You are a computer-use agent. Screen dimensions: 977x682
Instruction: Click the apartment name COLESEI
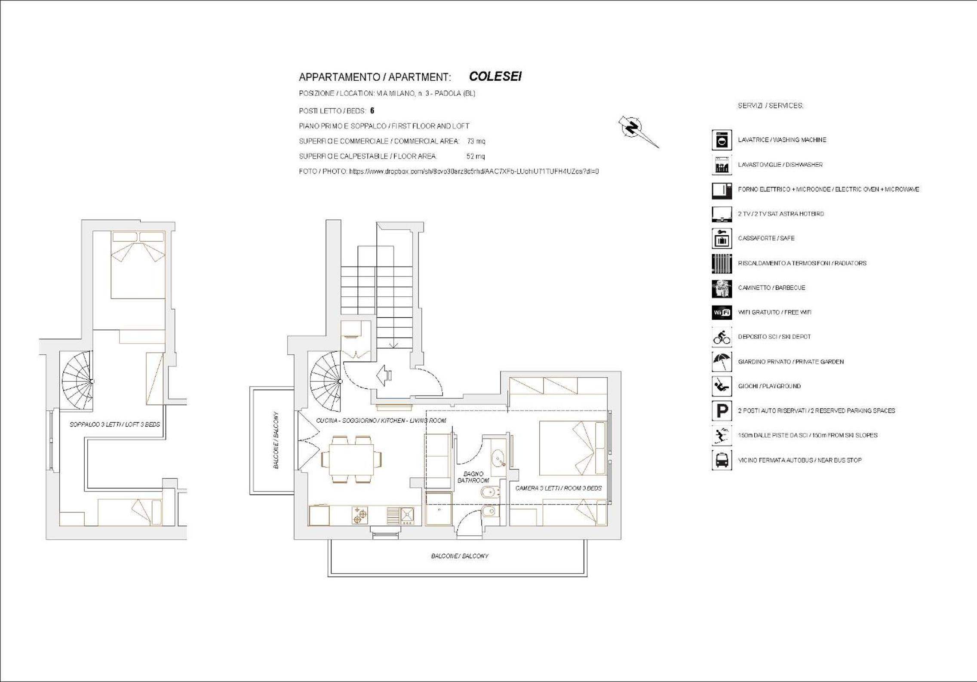pos(495,76)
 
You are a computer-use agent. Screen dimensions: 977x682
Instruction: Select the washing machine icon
pos(722,140)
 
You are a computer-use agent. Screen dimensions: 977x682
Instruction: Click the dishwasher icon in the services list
pos(722,165)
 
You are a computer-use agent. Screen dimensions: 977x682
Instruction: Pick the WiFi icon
pos(722,312)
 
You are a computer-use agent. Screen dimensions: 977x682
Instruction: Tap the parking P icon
pos(722,411)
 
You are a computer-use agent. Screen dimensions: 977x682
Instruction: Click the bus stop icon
pos(722,460)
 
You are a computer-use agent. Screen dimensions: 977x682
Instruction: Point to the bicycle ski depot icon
pos(722,337)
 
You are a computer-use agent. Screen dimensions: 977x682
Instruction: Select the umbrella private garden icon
pos(722,362)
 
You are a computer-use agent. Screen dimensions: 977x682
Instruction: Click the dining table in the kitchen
pos(351,459)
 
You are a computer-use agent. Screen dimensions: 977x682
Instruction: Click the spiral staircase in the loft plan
pos(77,381)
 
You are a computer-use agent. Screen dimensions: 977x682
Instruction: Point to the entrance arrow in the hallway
pos(384,375)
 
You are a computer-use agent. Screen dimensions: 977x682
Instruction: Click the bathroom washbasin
pos(499,458)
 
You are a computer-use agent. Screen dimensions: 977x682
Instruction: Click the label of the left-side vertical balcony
pos(276,440)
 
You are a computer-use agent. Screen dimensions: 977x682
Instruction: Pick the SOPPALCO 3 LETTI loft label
pos(115,424)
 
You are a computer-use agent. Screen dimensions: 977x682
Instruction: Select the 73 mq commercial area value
pos(476,141)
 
